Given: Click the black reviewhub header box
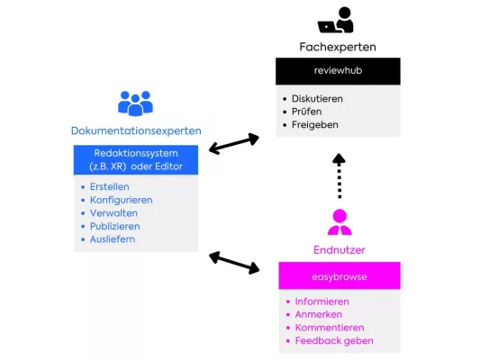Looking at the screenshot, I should [x=338, y=71].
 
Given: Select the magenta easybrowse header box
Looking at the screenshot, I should [x=339, y=275].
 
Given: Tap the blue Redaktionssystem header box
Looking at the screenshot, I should [x=135, y=160].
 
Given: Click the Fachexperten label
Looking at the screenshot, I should [x=338, y=46].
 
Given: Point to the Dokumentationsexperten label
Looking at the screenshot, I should [x=134, y=130].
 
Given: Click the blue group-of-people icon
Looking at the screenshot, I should [x=135, y=103].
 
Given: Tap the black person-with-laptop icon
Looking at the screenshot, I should [x=336, y=20].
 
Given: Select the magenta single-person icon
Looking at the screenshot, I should [x=339, y=221].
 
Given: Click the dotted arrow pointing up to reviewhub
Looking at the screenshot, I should [x=339, y=175].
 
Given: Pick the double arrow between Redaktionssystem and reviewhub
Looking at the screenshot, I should [x=234, y=143].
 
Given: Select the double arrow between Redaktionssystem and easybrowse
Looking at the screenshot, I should [x=234, y=262].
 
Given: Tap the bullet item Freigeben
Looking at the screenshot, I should [x=314, y=124].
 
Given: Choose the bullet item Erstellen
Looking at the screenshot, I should [x=109, y=186].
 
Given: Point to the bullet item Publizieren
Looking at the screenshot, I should [x=114, y=226].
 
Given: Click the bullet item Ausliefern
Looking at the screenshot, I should [x=113, y=239].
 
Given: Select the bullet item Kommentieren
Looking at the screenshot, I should [x=330, y=328].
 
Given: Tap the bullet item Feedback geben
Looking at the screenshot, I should [x=333, y=341].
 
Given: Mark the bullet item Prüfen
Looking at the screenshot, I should [x=308, y=112].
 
